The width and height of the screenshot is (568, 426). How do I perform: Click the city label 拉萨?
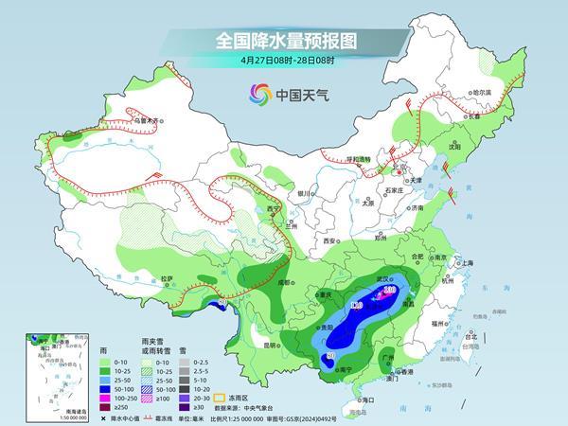coord(168,278)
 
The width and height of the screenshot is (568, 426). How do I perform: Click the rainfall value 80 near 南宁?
coord(330,356)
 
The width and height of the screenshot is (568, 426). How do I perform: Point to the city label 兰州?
coord(292,226)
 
